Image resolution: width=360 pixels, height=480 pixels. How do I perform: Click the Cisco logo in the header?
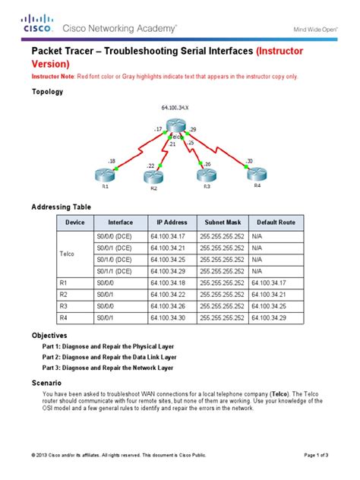[x=37, y=25]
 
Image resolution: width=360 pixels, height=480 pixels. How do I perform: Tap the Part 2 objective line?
[x=109, y=355]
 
